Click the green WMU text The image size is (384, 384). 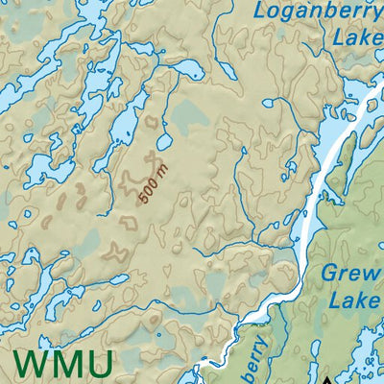63,366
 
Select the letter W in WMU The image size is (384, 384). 33,366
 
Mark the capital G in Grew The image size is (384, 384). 329,274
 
